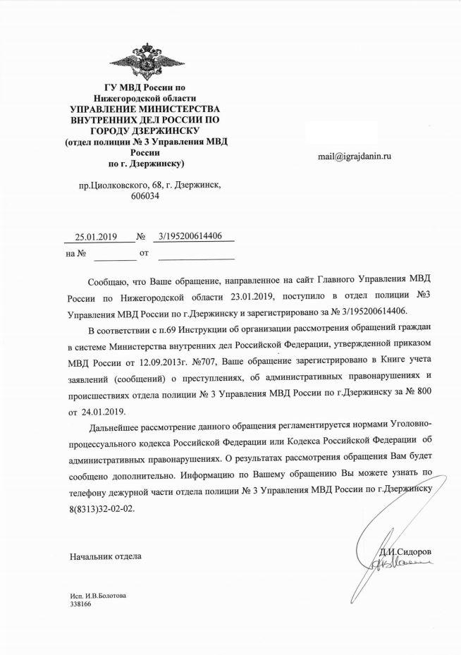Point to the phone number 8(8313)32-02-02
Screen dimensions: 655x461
tap(100, 506)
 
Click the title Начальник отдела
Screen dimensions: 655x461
tap(105, 557)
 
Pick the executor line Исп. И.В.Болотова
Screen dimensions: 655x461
tap(98, 596)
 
